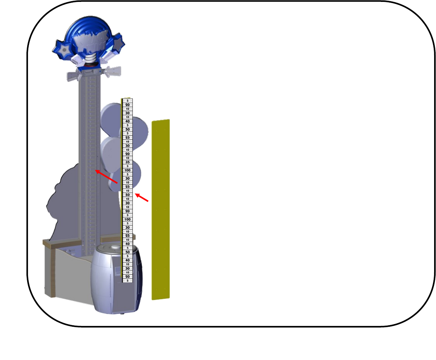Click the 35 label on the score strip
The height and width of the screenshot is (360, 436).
tap(128, 162)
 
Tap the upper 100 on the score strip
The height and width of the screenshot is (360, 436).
tap(128, 170)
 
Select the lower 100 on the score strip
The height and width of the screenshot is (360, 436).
tap(128, 219)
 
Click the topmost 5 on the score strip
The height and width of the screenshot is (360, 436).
tap(128, 101)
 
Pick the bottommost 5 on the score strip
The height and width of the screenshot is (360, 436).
tap(128, 281)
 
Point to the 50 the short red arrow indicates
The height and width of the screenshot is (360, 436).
tap(128, 195)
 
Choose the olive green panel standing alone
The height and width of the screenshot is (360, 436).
tap(160, 210)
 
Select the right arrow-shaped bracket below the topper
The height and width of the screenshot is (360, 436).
tap(112, 72)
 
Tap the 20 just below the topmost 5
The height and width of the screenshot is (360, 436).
tap(128, 105)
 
